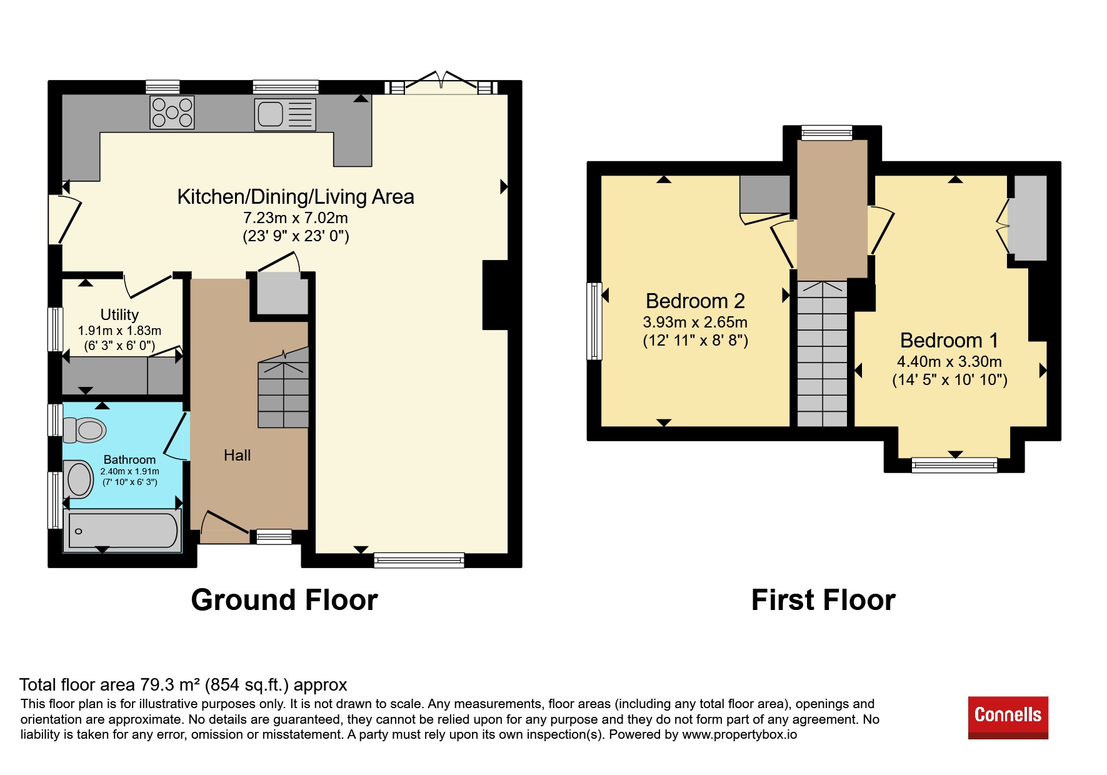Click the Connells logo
coord(1008,717)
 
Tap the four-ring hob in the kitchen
coord(172,112)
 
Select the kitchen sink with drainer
coord(285,114)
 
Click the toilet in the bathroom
coord(84,430)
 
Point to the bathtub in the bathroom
coord(123,531)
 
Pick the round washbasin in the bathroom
coord(79,479)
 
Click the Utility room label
coord(119,314)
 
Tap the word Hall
coord(237,456)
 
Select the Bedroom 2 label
coord(695,301)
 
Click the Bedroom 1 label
coord(949,341)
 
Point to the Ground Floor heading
coord(284,600)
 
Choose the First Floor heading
coord(823,600)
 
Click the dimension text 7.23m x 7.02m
coord(295,218)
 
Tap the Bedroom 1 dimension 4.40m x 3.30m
coord(949,362)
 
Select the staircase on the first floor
coord(822,354)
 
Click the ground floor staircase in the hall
coord(284,387)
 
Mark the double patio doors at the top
coord(441,83)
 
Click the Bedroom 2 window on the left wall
coord(594,321)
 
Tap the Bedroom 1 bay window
coord(954,464)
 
